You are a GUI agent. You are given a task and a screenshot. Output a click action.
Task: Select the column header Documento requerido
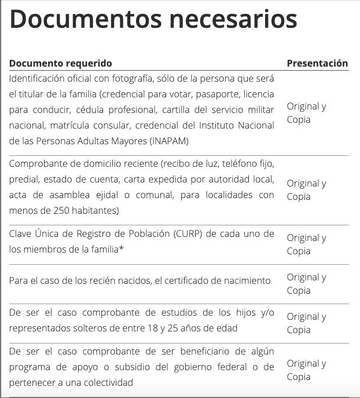pos(61,63)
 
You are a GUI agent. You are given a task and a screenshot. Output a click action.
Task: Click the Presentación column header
pos(317,63)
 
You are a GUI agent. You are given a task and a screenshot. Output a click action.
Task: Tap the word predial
pos(24,179)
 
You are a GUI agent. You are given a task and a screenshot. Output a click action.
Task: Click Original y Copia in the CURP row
pos(307,244)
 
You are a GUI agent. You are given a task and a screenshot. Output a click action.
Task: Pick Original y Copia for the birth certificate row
pos(307,283)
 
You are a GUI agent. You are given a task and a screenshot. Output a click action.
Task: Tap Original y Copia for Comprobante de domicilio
pos(307,189)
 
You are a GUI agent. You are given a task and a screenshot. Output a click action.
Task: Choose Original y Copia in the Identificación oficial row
pos(307,112)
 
